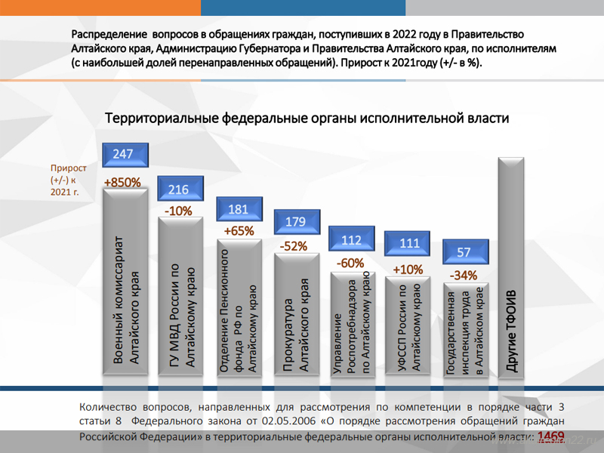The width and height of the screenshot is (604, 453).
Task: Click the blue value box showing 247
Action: pyautogui.click(x=123, y=155)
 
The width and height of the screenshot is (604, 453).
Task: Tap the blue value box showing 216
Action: pyautogui.click(x=179, y=190)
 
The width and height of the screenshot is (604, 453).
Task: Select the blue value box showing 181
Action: pyautogui.click(x=238, y=209)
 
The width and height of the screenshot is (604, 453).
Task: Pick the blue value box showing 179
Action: pyautogui.click(x=295, y=222)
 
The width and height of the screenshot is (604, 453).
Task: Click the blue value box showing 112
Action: pyautogui.click(x=352, y=240)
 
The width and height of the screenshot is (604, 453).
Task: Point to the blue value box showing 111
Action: pyautogui.click(x=408, y=243)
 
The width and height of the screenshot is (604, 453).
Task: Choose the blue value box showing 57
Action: pyautogui.click(x=464, y=252)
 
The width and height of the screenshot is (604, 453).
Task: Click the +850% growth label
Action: pyautogui.click(x=122, y=182)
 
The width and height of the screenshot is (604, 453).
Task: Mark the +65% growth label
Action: pyautogui.click(x=239, y=231)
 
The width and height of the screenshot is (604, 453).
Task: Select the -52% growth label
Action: pyautogui.click(x=293, y=246)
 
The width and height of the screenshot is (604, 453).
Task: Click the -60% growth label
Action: pyautogui.click(x=350, y=263)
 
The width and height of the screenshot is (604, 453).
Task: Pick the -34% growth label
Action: pyautogui.click(x=463, y=276)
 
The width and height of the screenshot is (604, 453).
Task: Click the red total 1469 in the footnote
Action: pyautogui.click(x=551, y=436)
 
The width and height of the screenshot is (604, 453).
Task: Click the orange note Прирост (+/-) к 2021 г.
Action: pyautogui.click(x=69, y=180)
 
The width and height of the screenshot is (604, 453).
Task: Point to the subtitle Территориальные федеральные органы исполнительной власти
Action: pyautogui.click(x=307, y=119)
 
